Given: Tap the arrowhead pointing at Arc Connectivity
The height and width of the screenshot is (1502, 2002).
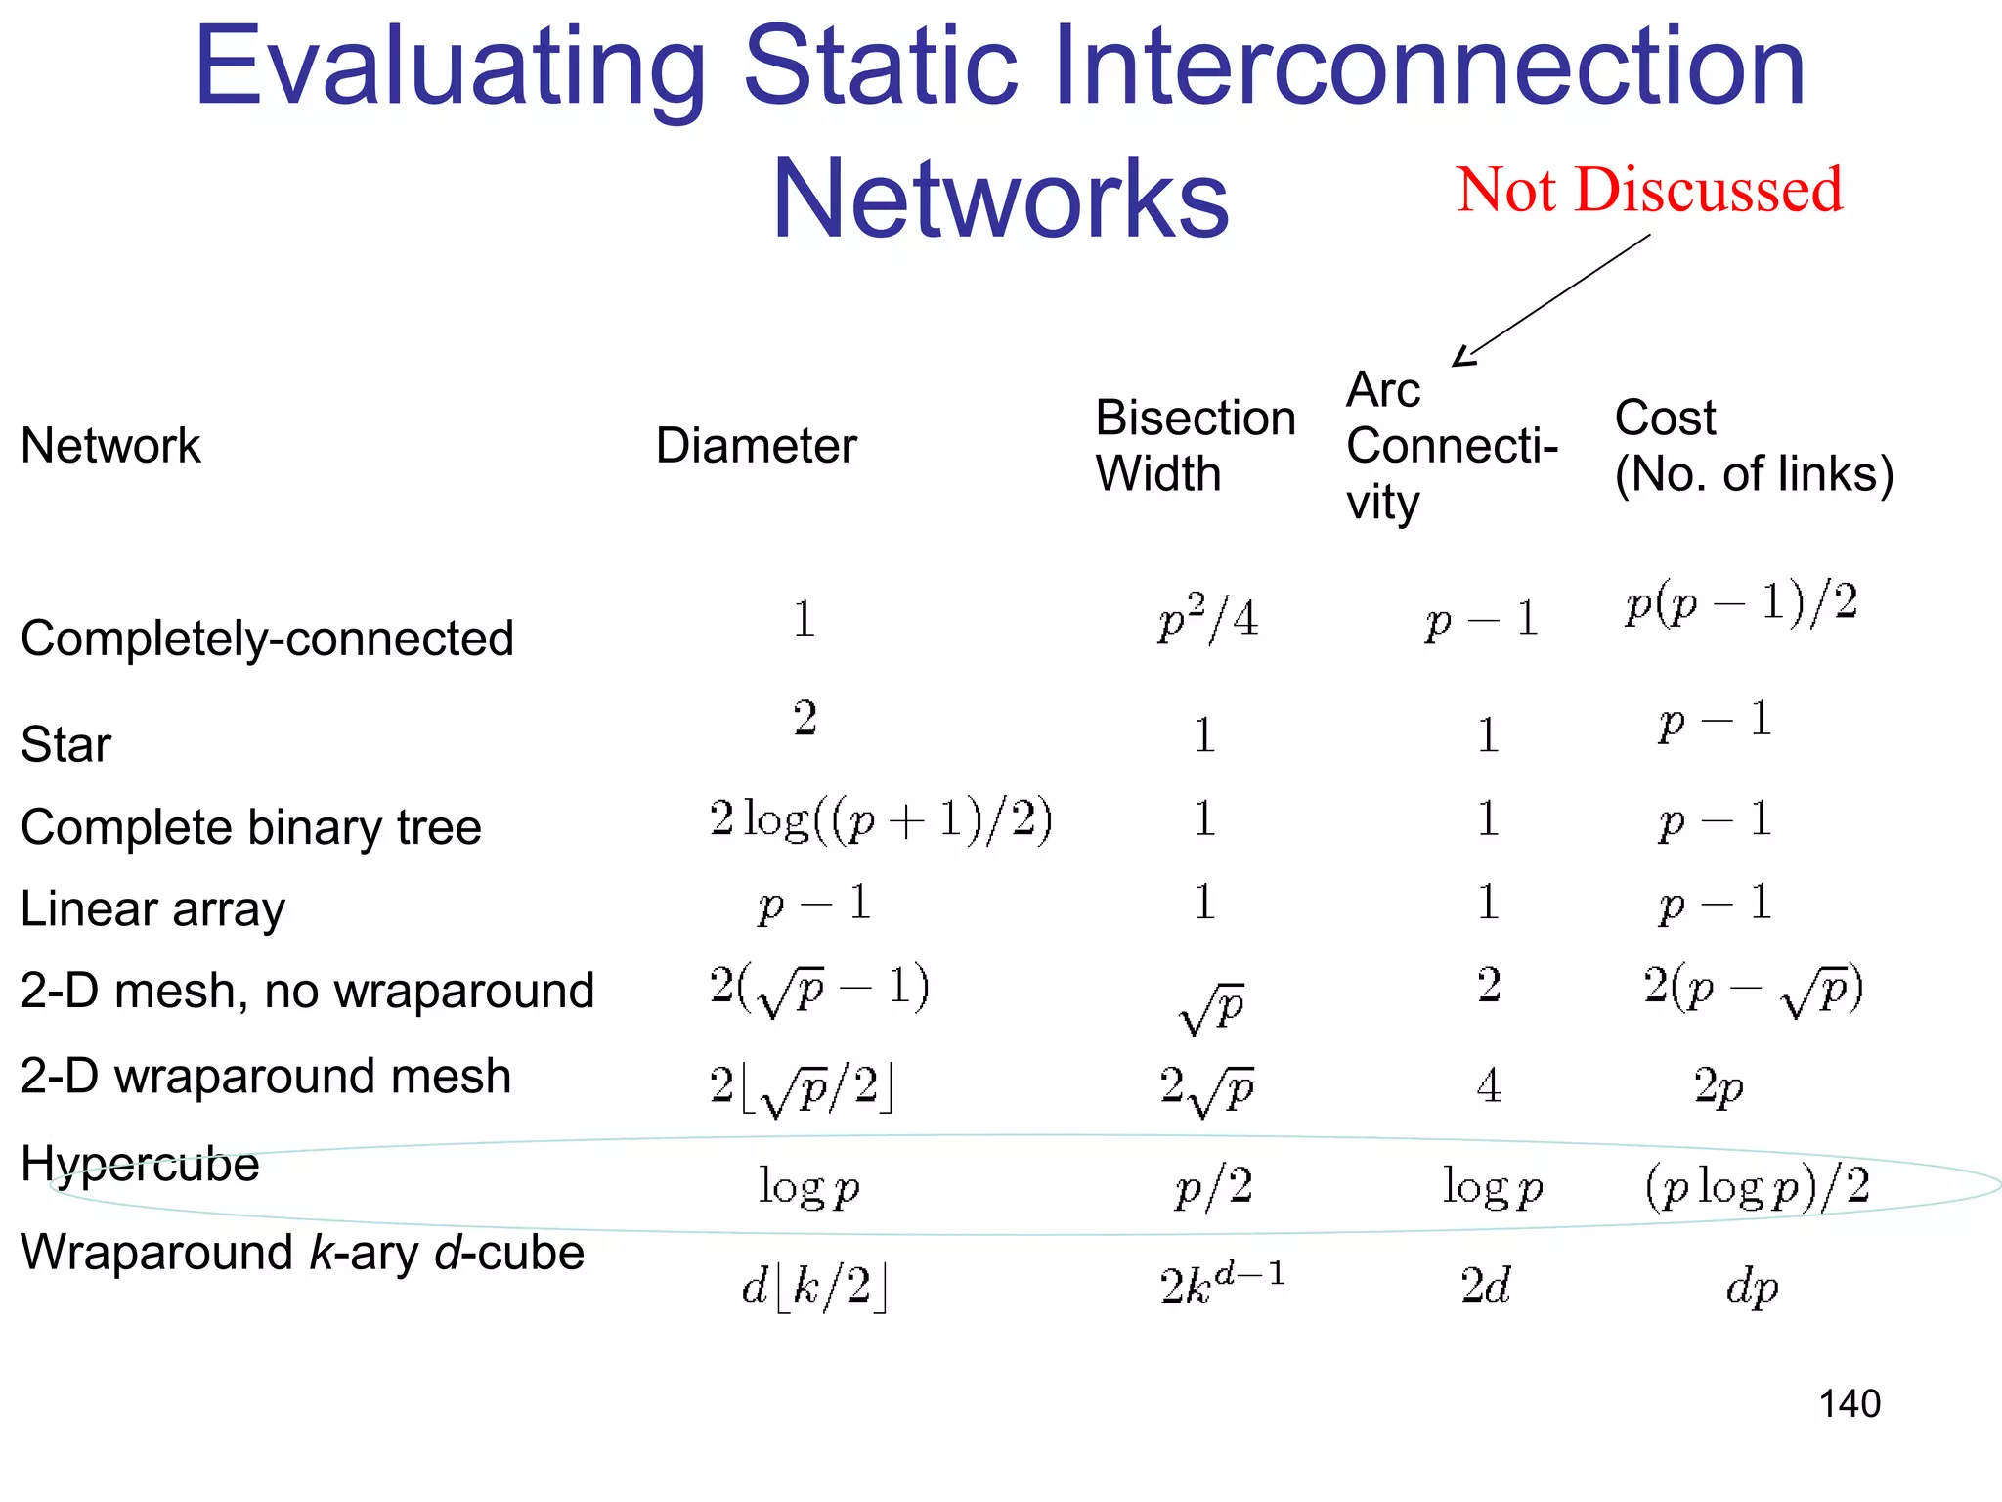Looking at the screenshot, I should [x=1463, y=357].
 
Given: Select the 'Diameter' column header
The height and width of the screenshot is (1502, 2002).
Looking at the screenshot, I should [x=756, y=446].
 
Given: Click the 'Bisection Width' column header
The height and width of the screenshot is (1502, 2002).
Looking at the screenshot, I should [x=1195, y=446].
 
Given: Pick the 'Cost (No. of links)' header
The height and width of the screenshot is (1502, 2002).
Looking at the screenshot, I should [x=1754, y=446].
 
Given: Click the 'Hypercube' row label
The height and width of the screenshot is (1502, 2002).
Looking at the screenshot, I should [x=140, y=1164].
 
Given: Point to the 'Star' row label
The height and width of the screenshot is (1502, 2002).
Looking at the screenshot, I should [x=65, y=744].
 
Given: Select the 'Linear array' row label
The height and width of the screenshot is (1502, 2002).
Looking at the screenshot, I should [x=152, y=909].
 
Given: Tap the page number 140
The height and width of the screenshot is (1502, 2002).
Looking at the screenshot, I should [x=1849, y=1404].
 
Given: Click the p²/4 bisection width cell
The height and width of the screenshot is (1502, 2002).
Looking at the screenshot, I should [x=1207, y=619].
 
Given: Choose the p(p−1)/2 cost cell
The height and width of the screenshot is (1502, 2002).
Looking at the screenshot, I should [x=1741, y=603].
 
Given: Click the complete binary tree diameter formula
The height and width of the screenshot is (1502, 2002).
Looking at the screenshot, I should [x=881, y=819].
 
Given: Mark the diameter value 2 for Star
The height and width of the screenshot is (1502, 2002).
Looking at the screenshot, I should [x=805, y=719].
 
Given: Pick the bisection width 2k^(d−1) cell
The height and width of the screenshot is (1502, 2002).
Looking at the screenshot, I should [x=1222, y=1284].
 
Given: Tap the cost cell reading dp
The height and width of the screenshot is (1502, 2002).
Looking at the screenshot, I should [x=1752, y=1287].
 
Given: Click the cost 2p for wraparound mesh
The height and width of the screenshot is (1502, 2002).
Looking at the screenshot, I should [x=1719, y=1086].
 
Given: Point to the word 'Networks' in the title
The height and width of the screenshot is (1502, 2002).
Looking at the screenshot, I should [x=1000, y=199].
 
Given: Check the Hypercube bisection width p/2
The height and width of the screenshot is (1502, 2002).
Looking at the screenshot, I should [x=1213, y=1187].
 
